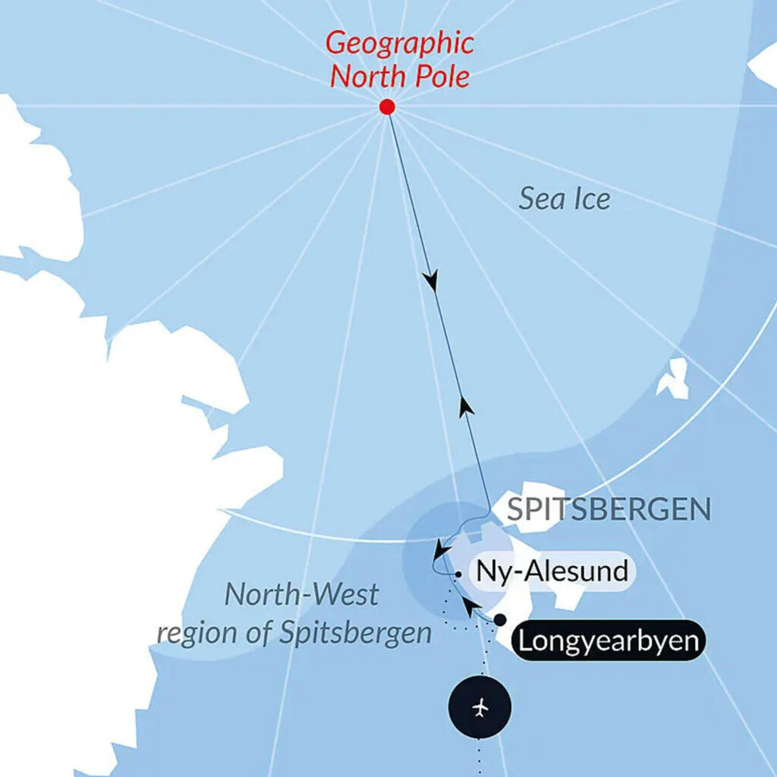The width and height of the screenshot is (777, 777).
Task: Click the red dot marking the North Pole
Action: pos(387,108)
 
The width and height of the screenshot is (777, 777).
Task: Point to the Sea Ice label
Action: pos(565,200)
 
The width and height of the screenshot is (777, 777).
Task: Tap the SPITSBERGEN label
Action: pos(609,509)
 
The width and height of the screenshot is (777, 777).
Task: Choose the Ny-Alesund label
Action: pos(551,571)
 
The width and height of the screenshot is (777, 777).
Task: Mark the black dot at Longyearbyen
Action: pos(499,620)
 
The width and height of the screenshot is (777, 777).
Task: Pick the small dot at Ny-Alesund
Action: pos(459,576)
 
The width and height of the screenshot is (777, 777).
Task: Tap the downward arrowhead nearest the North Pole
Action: pos(432,281)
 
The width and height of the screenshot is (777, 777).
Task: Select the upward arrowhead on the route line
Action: pos(467,406)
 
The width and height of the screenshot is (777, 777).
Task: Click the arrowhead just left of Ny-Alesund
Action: pos(438,548)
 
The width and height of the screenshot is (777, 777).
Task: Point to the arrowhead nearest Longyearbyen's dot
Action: pos(471,605)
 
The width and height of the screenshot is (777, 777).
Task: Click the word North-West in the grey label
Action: pos(301,595)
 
